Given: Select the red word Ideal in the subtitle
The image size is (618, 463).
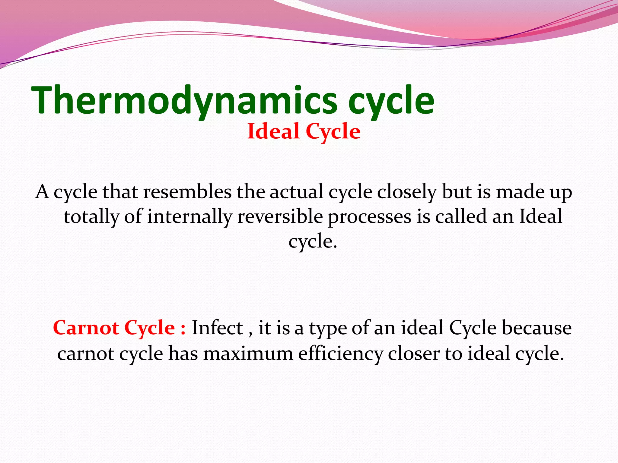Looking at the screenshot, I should [x=273, y=132].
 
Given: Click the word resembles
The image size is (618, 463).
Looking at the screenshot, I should [x=187, y=192].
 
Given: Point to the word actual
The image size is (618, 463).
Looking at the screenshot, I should [x=296, y=192].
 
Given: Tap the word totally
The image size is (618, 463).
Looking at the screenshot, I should [x=91, y=217].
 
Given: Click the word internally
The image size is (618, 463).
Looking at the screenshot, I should [x=190, y=217].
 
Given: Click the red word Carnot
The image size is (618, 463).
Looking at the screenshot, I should [x=86, y=328].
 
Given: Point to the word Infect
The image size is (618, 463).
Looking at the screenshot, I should [x=217, y=328].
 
